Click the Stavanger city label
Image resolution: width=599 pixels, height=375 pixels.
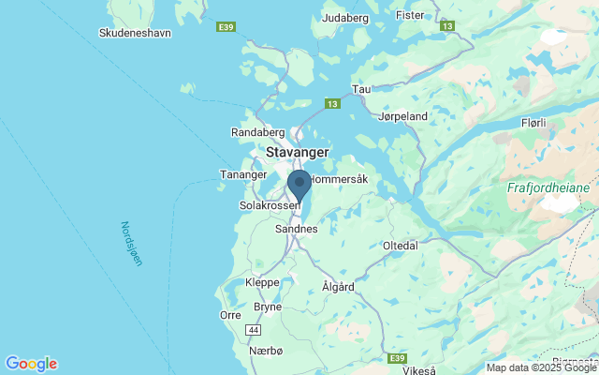(x=298, y=152)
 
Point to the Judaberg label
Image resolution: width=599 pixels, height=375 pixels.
(x=345, y=18)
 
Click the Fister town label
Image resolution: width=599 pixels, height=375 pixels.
(x=410, y=15)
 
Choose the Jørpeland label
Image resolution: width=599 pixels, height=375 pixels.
(x=403, y=117)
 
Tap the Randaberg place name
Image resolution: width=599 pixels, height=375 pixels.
(x=256, y=133)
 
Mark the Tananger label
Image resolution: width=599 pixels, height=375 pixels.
(x=243, y=174)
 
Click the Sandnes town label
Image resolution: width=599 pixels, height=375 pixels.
(x=297, y=229)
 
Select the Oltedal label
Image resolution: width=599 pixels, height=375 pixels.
(x=401, y=246)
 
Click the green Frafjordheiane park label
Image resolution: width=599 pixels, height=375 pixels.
(x=548, y=187)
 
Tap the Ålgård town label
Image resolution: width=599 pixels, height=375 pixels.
(x=339, y=286)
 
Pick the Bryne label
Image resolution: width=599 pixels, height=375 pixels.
(x=268, y=307)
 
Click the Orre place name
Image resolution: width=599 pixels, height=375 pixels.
(x=230, y=315)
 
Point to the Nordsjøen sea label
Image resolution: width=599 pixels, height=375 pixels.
(x=130, y=244)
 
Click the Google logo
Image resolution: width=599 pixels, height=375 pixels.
(x=31, y=364)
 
